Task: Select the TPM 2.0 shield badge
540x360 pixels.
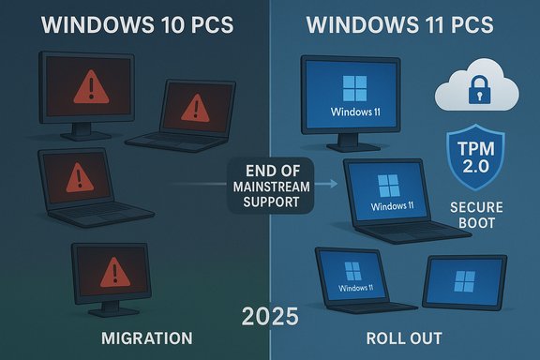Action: (474, 154)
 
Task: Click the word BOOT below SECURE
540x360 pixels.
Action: (474, 226)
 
